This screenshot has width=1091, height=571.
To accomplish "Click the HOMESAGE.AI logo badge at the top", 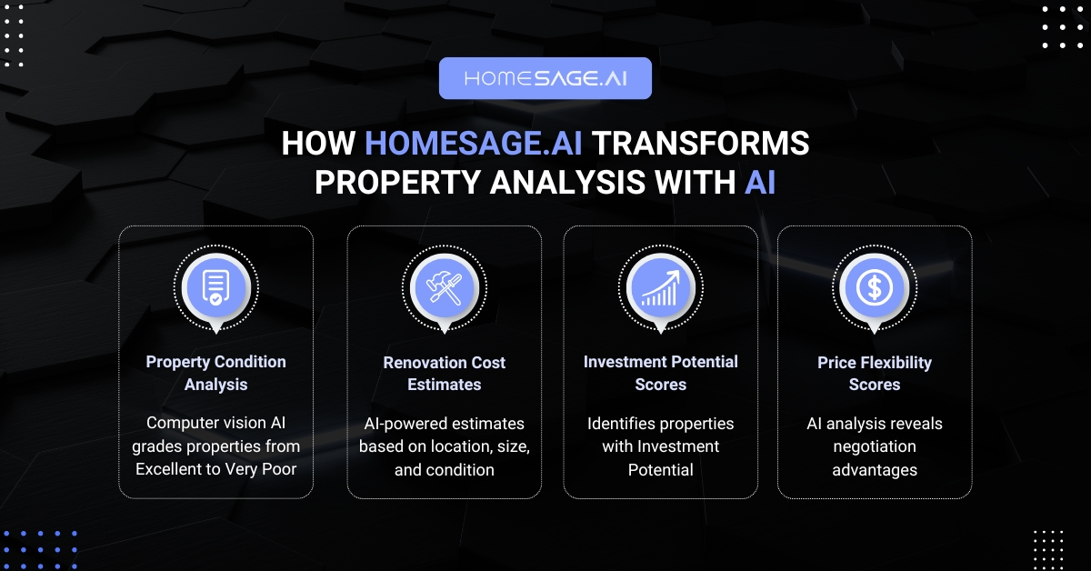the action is [545, 78].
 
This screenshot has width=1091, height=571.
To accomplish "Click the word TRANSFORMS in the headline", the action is [700, 144].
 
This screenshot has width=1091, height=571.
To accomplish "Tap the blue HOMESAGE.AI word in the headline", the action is [474, 144].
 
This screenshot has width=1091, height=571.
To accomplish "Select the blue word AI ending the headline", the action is [760, 183].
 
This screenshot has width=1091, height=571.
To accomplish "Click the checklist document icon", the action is [215, 287].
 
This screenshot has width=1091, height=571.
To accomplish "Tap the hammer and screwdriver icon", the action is [445, 288].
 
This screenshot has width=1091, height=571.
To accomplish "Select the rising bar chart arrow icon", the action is [660, 288].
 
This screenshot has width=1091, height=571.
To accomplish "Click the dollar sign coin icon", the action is [875, 287].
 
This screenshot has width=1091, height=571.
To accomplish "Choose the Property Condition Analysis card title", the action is [215, 373].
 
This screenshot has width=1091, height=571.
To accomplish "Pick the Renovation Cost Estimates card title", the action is [445, 374].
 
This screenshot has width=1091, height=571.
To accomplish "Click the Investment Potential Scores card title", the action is [660, 373].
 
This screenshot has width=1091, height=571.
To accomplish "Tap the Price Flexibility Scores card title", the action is [875, 374].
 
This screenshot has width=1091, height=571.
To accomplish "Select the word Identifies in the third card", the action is [611, 424].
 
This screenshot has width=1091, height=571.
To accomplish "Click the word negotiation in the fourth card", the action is [875, 447].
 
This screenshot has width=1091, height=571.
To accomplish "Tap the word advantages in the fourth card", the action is [875, 471].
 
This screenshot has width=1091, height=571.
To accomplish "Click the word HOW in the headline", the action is [318, 144].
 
